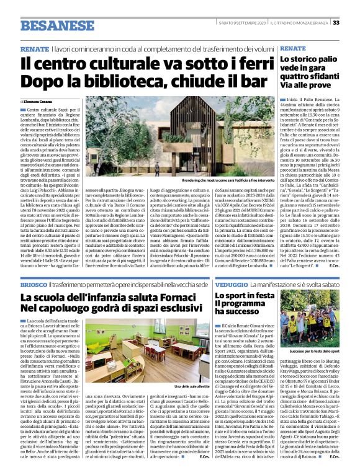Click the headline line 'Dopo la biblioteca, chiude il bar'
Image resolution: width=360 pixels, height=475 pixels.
(140, 83)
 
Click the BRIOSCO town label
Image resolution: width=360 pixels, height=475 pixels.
(32, 283)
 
